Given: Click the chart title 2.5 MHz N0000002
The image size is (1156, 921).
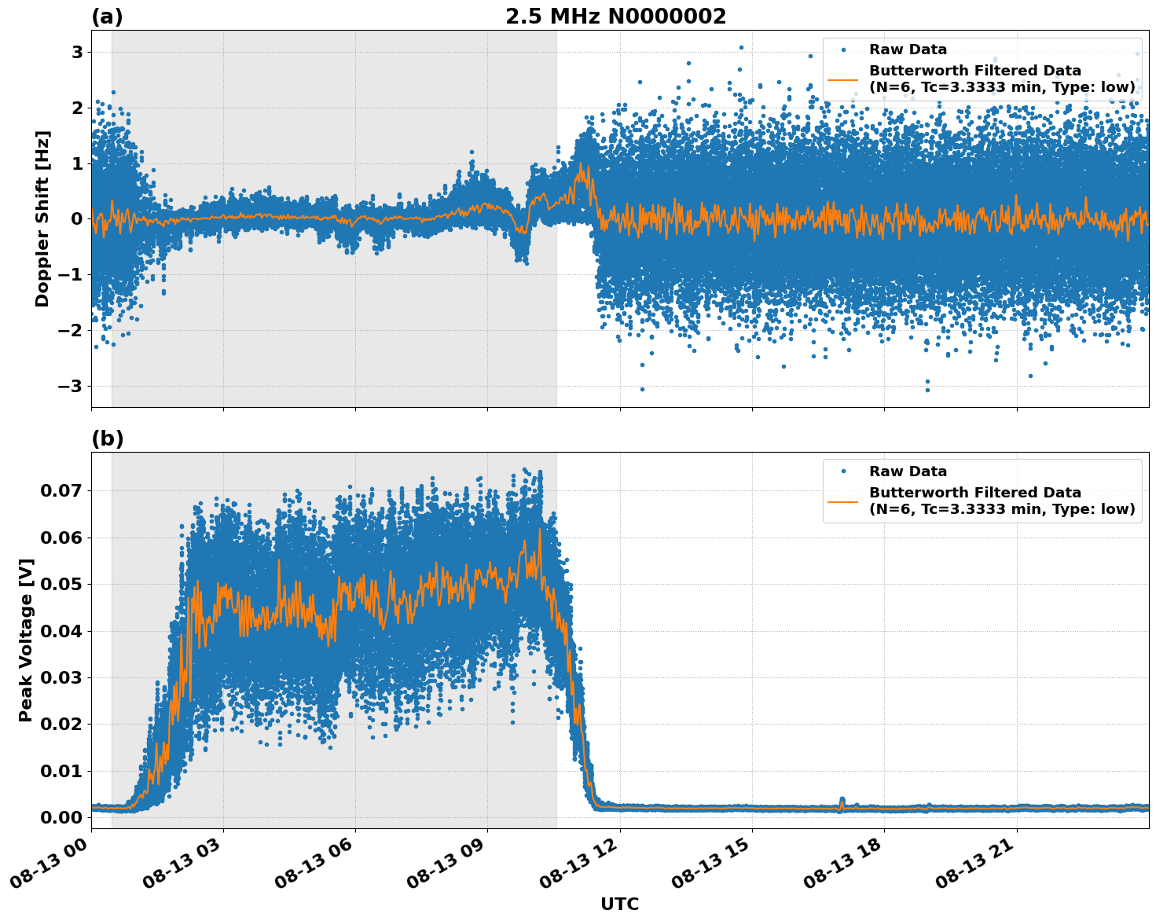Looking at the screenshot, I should point(615,17).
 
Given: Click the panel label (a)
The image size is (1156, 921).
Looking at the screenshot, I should point(107,17).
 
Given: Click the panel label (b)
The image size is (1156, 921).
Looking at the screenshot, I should point(107,438).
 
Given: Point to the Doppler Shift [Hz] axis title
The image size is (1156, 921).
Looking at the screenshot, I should point(42,218).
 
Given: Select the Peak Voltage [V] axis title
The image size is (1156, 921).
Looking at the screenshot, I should point(26,640).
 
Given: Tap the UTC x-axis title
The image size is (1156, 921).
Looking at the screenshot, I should point(619,904).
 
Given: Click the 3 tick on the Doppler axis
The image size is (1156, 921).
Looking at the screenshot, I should point(77,53).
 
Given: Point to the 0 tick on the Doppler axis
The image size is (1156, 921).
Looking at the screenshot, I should point(77,219).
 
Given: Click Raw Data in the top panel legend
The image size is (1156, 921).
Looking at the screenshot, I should point(908,50).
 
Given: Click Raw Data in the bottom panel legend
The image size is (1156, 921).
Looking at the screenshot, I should point(908,472).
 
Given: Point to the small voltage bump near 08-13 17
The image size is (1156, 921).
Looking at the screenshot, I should point(842,802).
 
